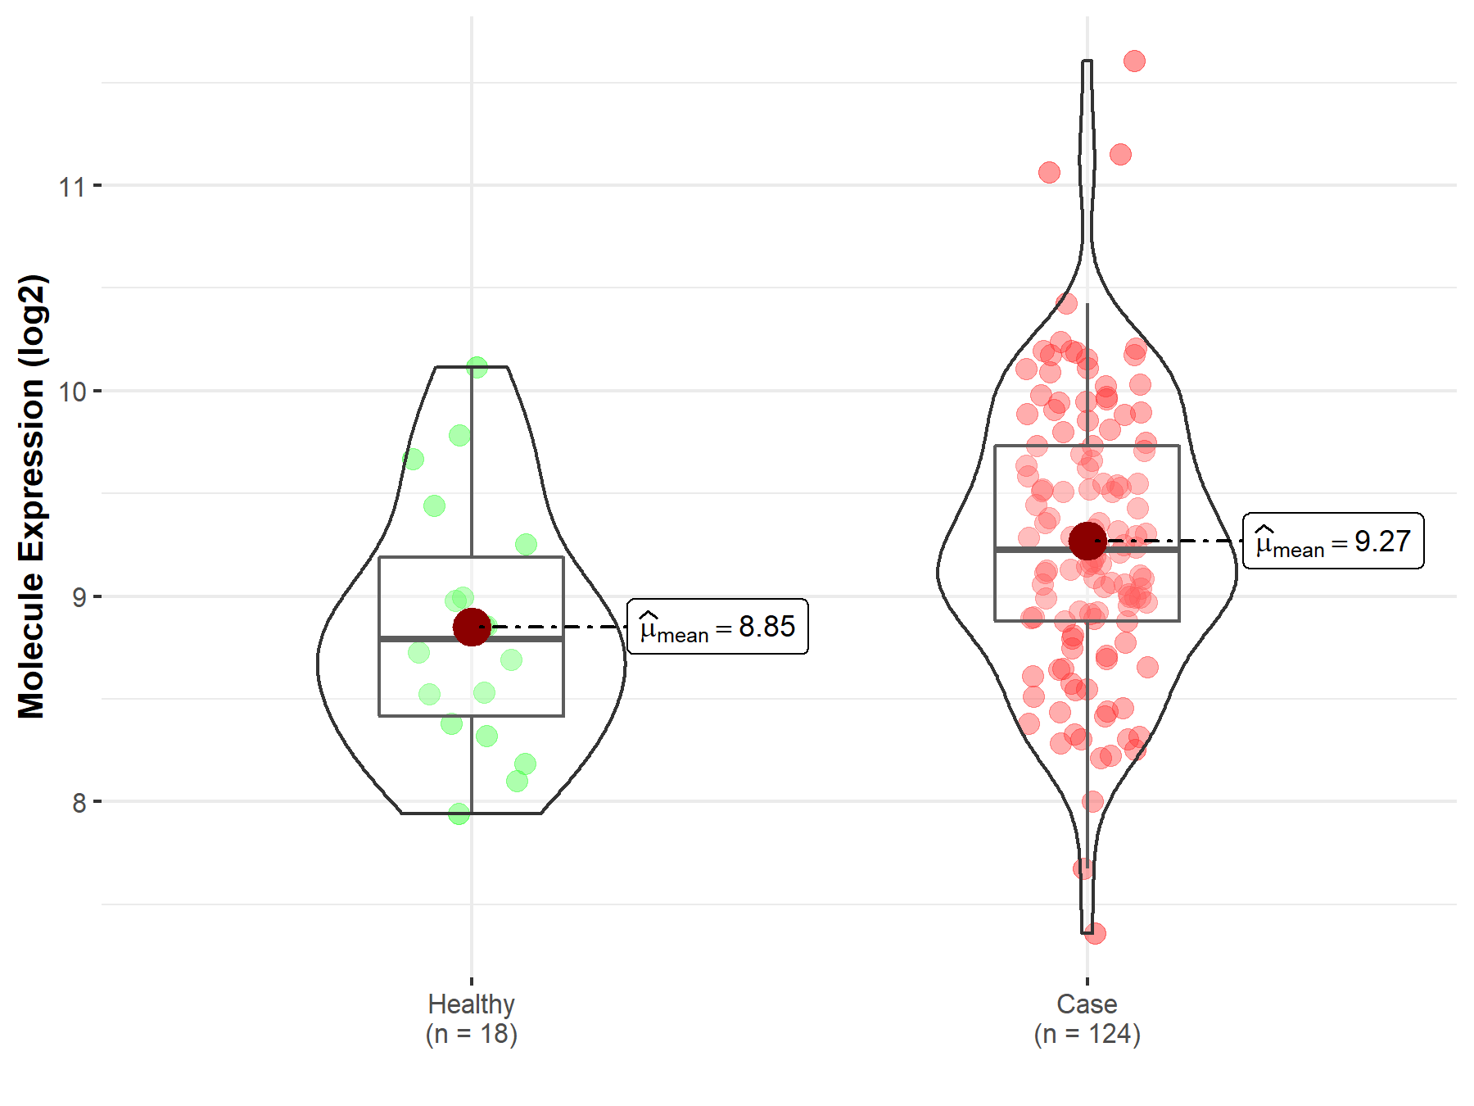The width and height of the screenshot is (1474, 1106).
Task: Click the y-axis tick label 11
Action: coord(72,187)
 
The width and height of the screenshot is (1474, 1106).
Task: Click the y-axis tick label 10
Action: coord(72,392)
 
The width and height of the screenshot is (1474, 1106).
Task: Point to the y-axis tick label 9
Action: coord(79,597)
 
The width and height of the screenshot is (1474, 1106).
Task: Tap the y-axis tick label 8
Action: coord(79,803)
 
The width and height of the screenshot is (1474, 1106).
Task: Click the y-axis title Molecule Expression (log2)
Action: coord(31,496)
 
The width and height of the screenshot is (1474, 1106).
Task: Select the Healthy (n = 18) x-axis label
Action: coord(472,1018)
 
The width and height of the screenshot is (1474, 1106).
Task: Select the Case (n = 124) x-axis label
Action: coord(1087,1018)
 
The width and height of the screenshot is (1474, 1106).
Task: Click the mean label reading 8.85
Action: coord(717,627)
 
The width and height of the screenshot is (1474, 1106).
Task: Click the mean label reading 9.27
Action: coord(1333,541)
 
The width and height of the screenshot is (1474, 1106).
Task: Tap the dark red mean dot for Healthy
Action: coord(472,627)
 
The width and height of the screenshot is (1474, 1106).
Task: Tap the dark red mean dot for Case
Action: coord(1087,541)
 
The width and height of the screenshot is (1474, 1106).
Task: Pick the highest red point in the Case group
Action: coord(1134,61)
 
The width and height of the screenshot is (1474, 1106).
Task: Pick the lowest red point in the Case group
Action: coord(1095,932)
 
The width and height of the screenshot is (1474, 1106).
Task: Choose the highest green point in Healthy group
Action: coord(477,367)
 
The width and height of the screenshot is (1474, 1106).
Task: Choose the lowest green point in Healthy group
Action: coord(459,814)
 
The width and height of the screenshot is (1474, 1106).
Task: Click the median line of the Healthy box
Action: coord(426,638)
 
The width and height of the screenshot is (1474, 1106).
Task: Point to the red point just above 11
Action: coord(1120,154)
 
